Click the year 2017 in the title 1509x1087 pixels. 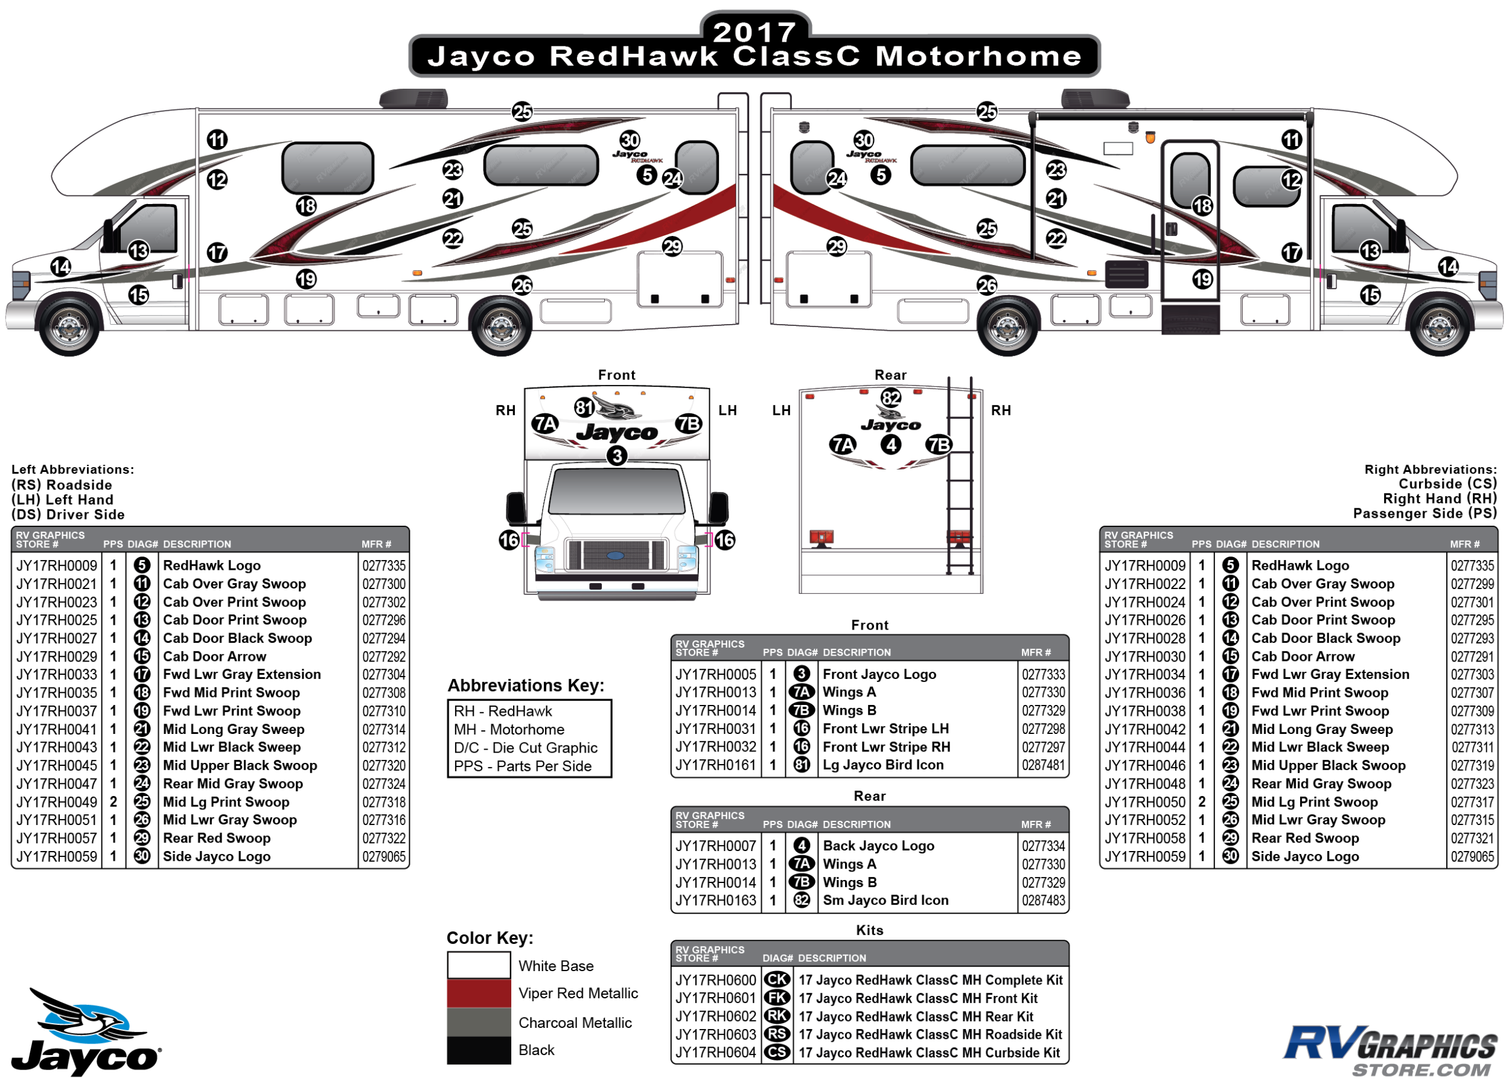coord(754,32)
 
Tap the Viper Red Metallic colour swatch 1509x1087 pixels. coord(479,993)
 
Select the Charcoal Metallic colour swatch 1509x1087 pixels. coord(479,1022)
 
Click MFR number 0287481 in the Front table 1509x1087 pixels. coord(1043,765)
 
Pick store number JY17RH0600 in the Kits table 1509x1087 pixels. coord(715,980)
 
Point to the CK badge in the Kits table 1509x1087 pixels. coord(776,980)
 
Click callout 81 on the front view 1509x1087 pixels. coord(584,407)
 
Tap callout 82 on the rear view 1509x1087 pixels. coord(890,398)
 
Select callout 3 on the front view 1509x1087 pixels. coord(617,456)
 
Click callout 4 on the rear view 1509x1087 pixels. coord(890,444)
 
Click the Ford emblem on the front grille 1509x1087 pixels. coord(616,555)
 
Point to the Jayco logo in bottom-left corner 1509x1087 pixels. coord(85,1032)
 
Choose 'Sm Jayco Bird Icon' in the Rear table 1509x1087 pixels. coord(885,900)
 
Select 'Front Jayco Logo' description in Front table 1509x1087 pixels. coord(879,674)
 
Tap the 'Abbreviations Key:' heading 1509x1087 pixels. coord(526,685)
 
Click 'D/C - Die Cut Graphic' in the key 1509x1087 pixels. coord(526,748)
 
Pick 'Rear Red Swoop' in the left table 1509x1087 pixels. coord(217,838)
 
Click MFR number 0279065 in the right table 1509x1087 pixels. coord(1472,857)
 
